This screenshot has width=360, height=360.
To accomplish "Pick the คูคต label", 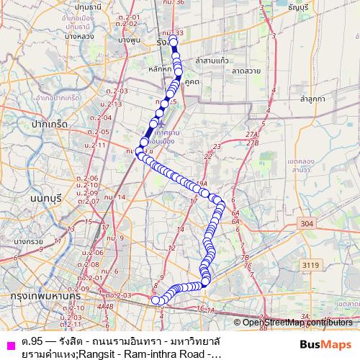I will (x=192, y=83).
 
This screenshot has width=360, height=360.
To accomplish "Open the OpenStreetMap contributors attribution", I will (x=294, y=322).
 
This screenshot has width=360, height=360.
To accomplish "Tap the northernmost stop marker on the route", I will (x=174, y=42).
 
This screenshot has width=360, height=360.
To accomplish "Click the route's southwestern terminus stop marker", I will (x=155, y=300).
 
